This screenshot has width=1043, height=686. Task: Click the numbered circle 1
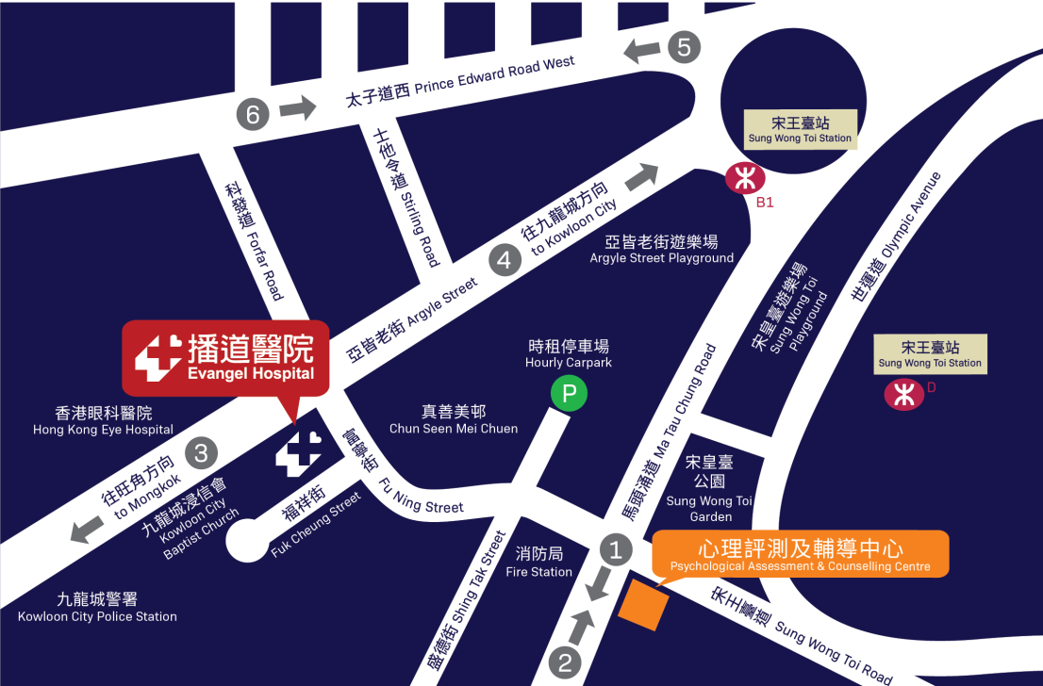tap(616, 549)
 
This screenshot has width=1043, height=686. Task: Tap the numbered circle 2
tap(565, 662)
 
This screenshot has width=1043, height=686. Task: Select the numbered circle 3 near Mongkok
tap(201, 453)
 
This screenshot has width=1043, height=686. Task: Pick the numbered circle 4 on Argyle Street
tap(505, 260)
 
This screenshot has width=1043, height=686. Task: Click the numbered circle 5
tap(685, 46)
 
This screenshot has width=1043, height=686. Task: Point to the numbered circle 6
tap(253, 115)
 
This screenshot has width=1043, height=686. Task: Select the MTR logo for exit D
tap(903, 395)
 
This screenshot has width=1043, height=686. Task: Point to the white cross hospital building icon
tap(297, 454)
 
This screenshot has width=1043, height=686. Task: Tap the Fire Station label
tap(538, 563)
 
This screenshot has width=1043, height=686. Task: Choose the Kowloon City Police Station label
tap(97, 607)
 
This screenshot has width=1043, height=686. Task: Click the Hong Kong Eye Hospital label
tap(104, 420)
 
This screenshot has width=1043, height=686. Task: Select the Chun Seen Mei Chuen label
tap(454, 420)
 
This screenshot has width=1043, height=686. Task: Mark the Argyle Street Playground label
tap(661, 250)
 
